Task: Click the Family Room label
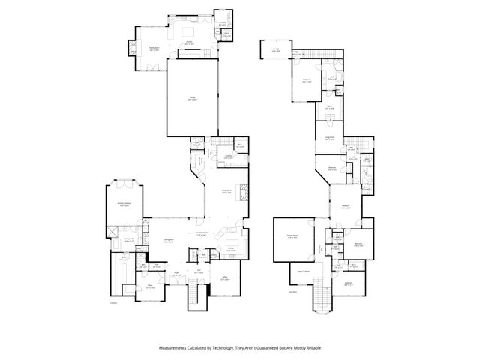[x=153, y=49]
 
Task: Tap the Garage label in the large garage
[x=193, y=98]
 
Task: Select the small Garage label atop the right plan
[x=276, y=50]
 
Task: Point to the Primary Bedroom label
[x=123, y=204]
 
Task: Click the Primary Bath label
[x=128, y=240]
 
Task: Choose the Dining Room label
[x=169, y=241]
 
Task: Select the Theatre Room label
[x=293, y=238]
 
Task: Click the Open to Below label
[x=305, y=271]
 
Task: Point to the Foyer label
[x=176, y=272]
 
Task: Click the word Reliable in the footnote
[x=312, y=348]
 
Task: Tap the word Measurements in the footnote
[x=174, y=348]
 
